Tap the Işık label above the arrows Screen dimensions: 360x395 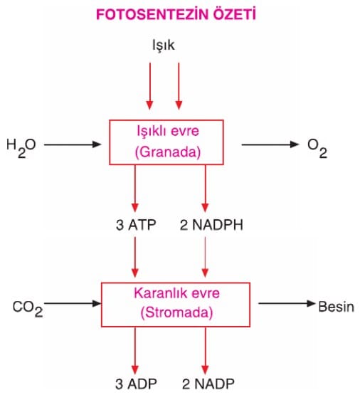coord(164,46)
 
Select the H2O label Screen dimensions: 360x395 coord(21,148)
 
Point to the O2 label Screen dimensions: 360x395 coord(317,148)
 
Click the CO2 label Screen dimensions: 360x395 coord(28,309)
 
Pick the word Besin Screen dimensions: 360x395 coord(336,307)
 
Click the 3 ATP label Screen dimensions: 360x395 coord(136,225)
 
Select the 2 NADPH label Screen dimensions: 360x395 coord(211,225)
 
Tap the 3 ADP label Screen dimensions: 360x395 coord(136,384)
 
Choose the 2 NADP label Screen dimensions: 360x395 coord(208,384)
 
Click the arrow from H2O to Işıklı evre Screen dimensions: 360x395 coord(73,144)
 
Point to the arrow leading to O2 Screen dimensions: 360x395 coord(270,144)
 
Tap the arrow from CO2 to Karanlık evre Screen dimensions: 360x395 coord(73,303)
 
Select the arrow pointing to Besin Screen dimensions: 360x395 coord(287,303)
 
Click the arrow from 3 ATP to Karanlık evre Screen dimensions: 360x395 coord(135,257)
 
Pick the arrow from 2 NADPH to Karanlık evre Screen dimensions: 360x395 coord(205,257)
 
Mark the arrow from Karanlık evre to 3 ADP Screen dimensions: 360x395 coord(135,350)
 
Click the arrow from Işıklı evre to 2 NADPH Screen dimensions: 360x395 coord(205,189)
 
